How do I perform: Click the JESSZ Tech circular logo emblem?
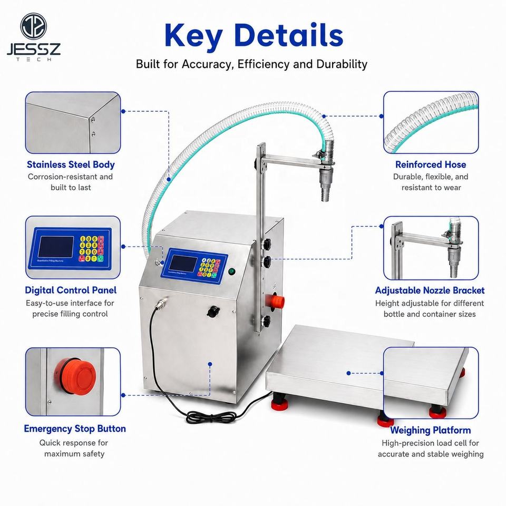click(x=34, y=26)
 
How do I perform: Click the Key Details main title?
click(x=254, y=35)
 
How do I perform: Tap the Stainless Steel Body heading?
click(x=71, y=164)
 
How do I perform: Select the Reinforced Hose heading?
click(x=431, y=164)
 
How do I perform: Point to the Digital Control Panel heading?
click(x=71, y=290)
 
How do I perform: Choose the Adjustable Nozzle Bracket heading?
click(x=430, y=290)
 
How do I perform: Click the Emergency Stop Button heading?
click(x=75, y=429)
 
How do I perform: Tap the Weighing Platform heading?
click(x=430, y=430)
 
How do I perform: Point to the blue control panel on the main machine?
click(x=194, y=265)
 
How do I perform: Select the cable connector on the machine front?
click(x=161, y=303)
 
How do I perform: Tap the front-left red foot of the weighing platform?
click(x=277, y=404)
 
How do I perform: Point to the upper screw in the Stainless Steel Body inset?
click(x=93, y=120)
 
